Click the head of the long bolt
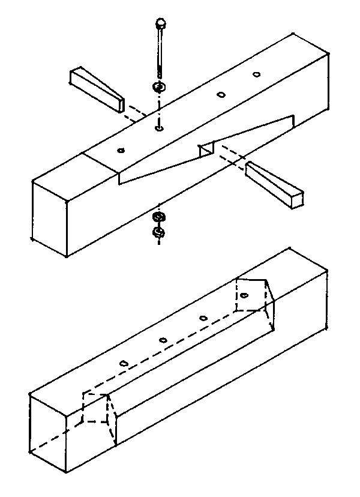(x=161, y=23)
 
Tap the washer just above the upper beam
(x=159, y=88)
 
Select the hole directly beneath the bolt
(x=158, y=127)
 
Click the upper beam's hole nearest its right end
(x=257, y=74)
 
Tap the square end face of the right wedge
(x=296, y=199)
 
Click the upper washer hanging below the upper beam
(x=159, y=217)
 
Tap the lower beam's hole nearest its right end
(x=244, y=295)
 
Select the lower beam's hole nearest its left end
(x=124, y=364)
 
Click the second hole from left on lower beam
(x=163, y=341)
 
